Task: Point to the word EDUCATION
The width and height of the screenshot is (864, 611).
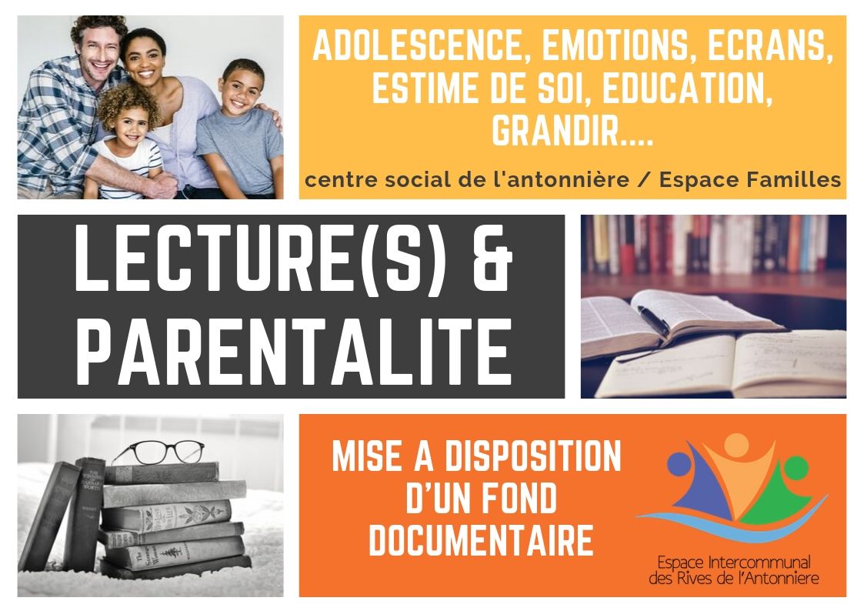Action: pos(686,88)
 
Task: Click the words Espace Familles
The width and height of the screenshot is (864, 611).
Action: pos(750,179)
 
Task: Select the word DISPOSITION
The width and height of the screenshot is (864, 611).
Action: pos(533,457)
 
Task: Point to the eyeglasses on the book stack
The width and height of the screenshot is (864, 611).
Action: pos(158,451)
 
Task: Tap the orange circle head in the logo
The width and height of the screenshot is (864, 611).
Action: pos(737,443)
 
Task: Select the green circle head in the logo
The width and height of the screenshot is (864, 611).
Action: pos(796,467)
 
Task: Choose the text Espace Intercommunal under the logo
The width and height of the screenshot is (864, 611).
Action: pos(733,563)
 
